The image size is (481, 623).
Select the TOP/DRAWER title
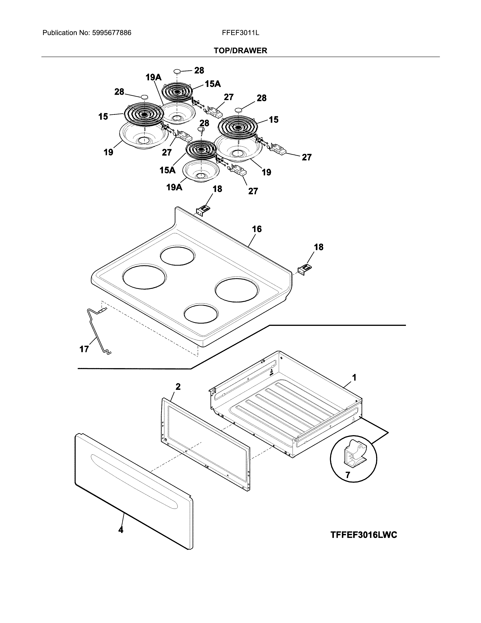[x=240, y=51]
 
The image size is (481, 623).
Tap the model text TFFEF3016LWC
[x=364, y=535]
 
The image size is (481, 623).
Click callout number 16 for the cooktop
[x=257, y=229]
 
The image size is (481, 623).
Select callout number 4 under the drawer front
[x=121, y=530]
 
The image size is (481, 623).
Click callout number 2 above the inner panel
[x=178, y=387]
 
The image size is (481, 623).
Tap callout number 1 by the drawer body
[x=354, y=378]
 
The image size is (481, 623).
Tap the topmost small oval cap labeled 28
[x=177, y=70]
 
